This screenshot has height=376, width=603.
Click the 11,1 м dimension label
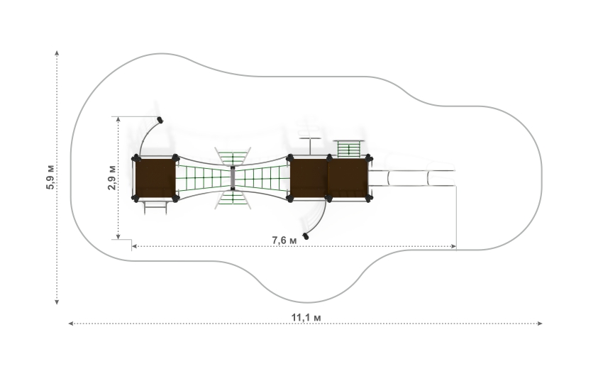306,318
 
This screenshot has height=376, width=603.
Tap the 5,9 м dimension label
50,177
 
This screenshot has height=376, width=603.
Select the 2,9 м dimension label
112,177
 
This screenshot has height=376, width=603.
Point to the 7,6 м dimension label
284,240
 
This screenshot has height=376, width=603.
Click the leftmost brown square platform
155,178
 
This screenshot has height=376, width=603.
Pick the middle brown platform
309,178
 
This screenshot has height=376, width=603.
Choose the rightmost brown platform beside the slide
348,178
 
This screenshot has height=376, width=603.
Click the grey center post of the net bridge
233,178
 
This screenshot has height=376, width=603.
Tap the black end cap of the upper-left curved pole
160,121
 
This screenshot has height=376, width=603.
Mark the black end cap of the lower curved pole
306,236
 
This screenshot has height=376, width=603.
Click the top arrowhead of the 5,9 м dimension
57,52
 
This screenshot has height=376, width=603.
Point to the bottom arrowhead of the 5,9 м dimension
57,302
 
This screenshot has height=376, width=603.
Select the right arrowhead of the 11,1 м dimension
540,324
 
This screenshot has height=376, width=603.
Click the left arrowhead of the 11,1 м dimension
71,324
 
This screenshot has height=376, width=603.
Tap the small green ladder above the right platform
349,149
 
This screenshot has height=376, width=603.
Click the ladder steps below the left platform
155,206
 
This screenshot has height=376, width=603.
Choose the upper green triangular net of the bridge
233,157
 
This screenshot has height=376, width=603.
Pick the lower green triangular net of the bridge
233,199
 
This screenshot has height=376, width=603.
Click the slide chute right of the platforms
412,178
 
